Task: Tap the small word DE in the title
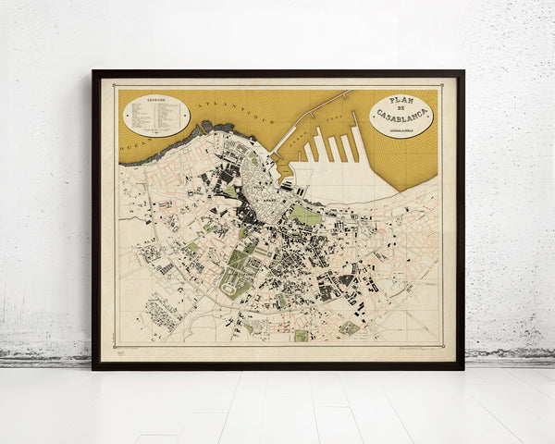pos(401,109)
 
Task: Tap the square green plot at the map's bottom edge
pos(301,336)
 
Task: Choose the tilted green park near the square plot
pos(349,327)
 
